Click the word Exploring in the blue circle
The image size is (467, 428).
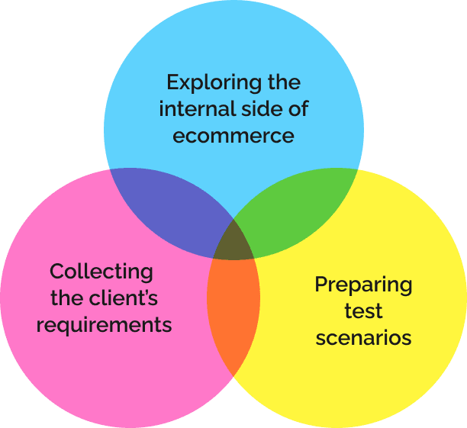click(x=214, y=83)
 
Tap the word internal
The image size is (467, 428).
click(x=198, y=108)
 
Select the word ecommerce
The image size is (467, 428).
click(x=233, y=136)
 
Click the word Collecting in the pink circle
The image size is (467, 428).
click(x=101, y=272)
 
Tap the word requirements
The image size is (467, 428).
click(x=104, y=325)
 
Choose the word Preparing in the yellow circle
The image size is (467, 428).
click(x=363, y=285)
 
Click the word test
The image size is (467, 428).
click(x=363, y=311)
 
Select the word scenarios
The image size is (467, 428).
click(x=363, y=338)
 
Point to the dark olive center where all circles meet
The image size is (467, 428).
click(x=233, y=243)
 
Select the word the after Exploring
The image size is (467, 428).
click(x=284, y=82)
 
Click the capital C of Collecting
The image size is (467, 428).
click(x=57, y=272)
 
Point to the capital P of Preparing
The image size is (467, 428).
click(x=321, y=284)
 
